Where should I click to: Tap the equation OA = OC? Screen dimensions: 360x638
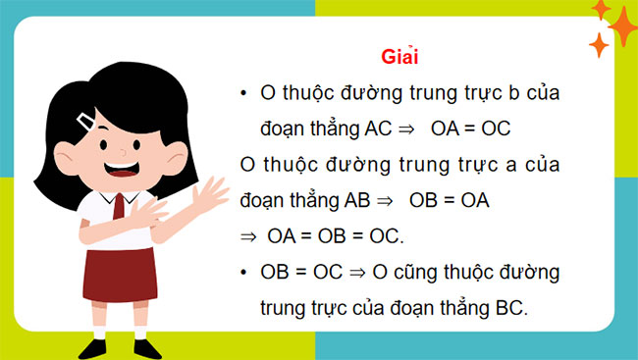tap(472, 129)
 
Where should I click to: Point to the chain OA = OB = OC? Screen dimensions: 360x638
tap(341, 235)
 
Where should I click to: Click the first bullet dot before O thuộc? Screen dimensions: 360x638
tap(242, 93)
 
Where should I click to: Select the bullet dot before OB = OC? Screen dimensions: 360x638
tap(242, 271)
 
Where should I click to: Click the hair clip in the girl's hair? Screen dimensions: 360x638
tap(87, 122)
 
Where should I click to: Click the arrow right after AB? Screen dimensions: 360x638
tap(384, 199)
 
